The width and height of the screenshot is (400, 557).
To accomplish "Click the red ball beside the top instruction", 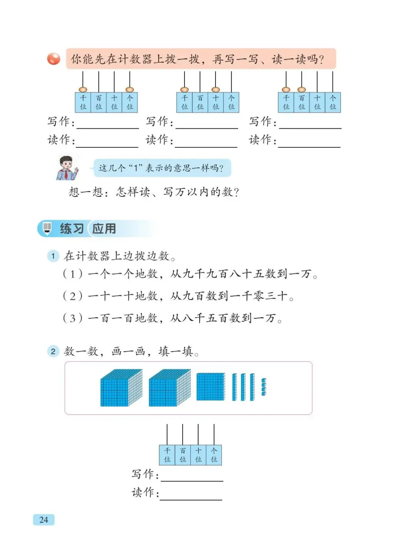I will [54, 59].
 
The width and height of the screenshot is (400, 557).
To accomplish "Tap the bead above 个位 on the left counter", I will [130, 90].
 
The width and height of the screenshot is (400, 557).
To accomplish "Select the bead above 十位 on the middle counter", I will [216, 90].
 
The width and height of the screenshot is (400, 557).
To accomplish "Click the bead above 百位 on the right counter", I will [301, 90].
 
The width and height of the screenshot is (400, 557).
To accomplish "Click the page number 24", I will [43, 520].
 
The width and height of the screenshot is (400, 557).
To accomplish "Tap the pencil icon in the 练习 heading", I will [47, 228].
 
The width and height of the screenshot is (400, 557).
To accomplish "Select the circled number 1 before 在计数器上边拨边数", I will [53, 256].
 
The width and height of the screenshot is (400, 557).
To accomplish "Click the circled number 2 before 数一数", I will [53, 351].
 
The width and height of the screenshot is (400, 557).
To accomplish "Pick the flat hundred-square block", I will [210, 387].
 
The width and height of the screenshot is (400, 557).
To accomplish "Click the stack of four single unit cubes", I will [264, 387].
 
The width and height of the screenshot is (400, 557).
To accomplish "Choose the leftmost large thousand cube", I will [121, 388].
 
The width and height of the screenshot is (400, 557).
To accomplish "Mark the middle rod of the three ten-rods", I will [243, 387].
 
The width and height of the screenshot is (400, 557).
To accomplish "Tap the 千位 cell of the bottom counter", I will [167, 455].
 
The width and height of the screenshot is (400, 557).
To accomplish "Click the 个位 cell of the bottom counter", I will [214, 455].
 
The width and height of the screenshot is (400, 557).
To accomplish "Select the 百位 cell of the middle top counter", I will [200, 103].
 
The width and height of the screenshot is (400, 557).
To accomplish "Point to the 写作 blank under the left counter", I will [107, 124].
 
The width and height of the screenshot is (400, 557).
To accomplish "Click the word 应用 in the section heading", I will [104, 229].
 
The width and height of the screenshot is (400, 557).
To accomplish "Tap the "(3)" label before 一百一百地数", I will [73, 318].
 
